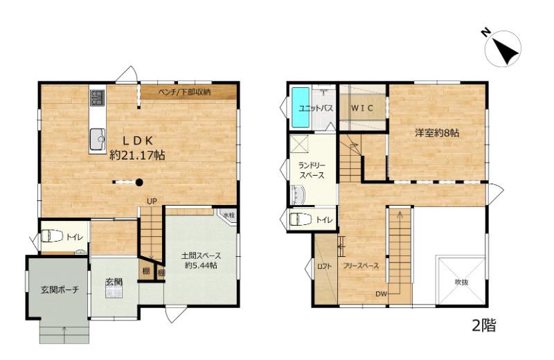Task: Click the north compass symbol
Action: click(503, 48)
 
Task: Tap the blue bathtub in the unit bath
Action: click(301, 108)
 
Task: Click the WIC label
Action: click(361, 108)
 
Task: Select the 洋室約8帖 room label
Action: click(437, 133)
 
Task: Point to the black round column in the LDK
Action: click(139, 182)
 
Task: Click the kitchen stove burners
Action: click(97, 98)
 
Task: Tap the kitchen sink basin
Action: click(98, 139)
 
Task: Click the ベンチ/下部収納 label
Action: click(184, 92)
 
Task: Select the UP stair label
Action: click(152, 201)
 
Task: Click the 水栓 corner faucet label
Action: click(229, 215)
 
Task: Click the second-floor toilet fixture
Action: click(301, 219)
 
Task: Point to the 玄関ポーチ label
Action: click(60, 290)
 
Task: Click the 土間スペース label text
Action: click(201, 255)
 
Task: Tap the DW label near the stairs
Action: click(382, 294)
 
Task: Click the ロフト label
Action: click(324, 267)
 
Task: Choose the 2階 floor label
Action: click(483, 325)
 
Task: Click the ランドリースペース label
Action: click(312, 170)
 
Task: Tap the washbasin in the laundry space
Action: click(298, 195)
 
